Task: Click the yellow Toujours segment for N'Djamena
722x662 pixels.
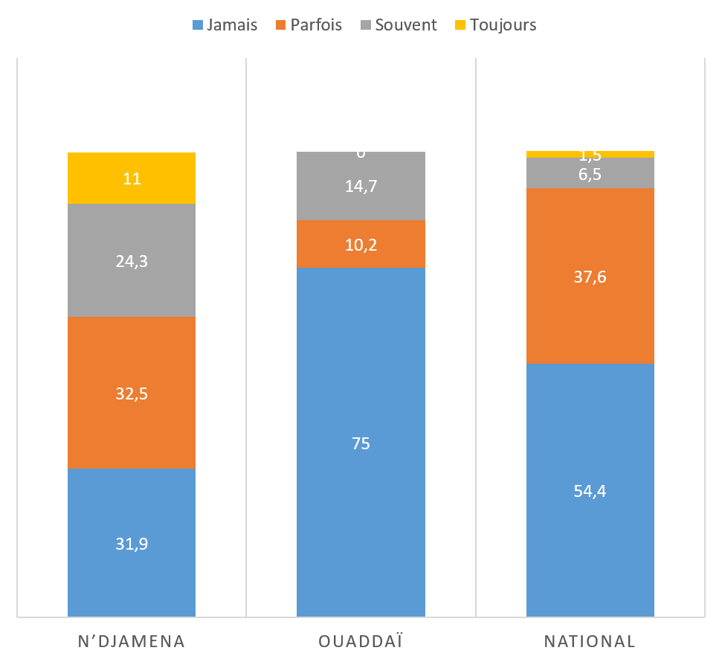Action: [132, 179]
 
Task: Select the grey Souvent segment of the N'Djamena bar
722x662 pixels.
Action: [132, 260]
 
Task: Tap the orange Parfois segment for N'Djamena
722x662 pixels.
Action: [132, 393]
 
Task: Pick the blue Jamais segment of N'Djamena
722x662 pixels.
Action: [132, 543]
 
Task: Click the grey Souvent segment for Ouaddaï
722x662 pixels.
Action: [361, 186]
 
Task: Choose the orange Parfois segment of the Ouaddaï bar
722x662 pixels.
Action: [361, 244]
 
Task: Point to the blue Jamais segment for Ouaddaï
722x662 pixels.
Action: [361, 443]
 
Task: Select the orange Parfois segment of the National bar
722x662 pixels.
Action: [590, 277]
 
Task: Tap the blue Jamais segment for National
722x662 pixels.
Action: [590, 490]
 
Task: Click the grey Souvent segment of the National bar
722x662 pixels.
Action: [590, 173]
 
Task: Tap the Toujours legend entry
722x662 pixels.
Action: [494, 25]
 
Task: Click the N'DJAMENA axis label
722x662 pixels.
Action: [132, 641]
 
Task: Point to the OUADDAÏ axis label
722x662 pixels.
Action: [361, 641]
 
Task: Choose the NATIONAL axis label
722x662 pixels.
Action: [590, 641]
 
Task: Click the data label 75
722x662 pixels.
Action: [361, 443]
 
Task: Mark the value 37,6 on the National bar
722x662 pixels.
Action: [590, 277]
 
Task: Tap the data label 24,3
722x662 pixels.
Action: [132, 261]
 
